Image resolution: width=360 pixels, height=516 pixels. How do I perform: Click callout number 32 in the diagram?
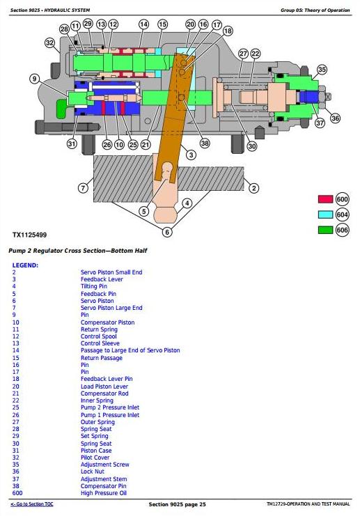(49, 42)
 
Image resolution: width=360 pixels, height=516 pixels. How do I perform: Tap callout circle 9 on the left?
(35, 79)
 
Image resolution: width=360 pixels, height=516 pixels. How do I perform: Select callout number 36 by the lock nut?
(335, 118)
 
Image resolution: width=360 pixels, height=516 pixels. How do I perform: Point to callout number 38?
(205, 143)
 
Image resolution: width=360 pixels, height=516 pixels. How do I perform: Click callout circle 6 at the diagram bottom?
(167, 232)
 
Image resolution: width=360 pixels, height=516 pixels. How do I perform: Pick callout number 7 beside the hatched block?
(83, 188)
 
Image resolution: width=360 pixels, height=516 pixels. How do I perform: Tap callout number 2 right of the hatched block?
(253, 188)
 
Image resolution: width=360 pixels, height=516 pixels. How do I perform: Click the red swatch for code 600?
(325, 199)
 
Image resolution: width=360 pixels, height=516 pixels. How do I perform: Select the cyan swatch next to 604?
(325, 214)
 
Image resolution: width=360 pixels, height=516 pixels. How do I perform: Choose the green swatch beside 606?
(325, 230)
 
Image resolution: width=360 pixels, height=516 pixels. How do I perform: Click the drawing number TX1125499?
(30, 235)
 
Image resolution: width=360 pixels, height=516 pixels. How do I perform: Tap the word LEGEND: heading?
(25, 265)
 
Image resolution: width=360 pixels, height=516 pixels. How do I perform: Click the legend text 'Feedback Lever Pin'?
(107, 379)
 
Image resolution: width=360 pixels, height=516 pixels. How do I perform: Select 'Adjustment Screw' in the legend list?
(105, 464)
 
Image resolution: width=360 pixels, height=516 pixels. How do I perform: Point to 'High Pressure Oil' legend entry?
(104, 493)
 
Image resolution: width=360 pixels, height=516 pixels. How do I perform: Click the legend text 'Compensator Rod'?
(104, 393)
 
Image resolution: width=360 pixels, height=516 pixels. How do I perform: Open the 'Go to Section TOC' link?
(32, 504)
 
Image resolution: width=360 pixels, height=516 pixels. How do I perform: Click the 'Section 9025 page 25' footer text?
(177, 504)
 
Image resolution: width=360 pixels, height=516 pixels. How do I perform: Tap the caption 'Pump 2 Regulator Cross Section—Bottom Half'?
(78, 251)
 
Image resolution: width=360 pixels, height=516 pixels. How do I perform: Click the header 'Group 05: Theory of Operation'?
(315, 10)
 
